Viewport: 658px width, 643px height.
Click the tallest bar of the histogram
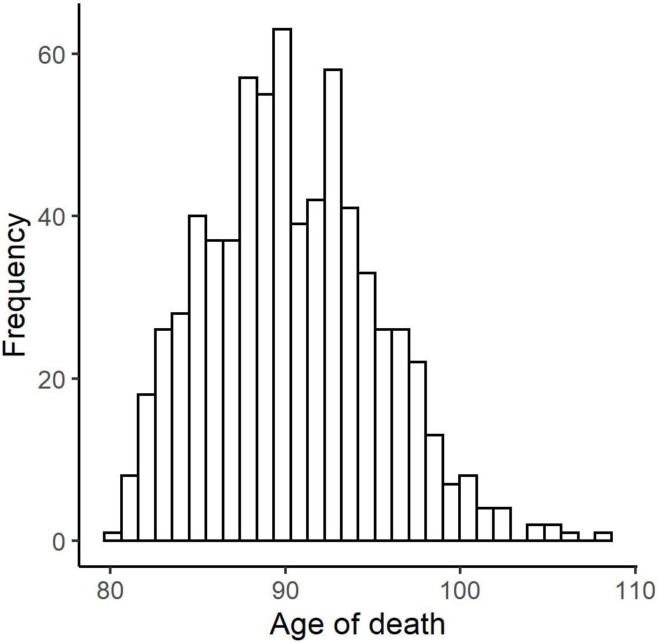[282, 286]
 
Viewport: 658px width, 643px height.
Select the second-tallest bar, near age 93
[333, 306]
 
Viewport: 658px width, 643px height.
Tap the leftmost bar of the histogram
[112, 537]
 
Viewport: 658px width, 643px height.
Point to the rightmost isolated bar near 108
[603, 537]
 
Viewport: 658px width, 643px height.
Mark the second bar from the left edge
[129, 508]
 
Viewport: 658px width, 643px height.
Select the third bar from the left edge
[146, 468]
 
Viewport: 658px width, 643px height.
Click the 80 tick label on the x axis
[110, 590]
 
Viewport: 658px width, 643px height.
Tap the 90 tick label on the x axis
[285, 590]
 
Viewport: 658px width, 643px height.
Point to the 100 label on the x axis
[460, 590]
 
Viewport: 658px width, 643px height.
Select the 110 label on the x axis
[635, 590]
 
